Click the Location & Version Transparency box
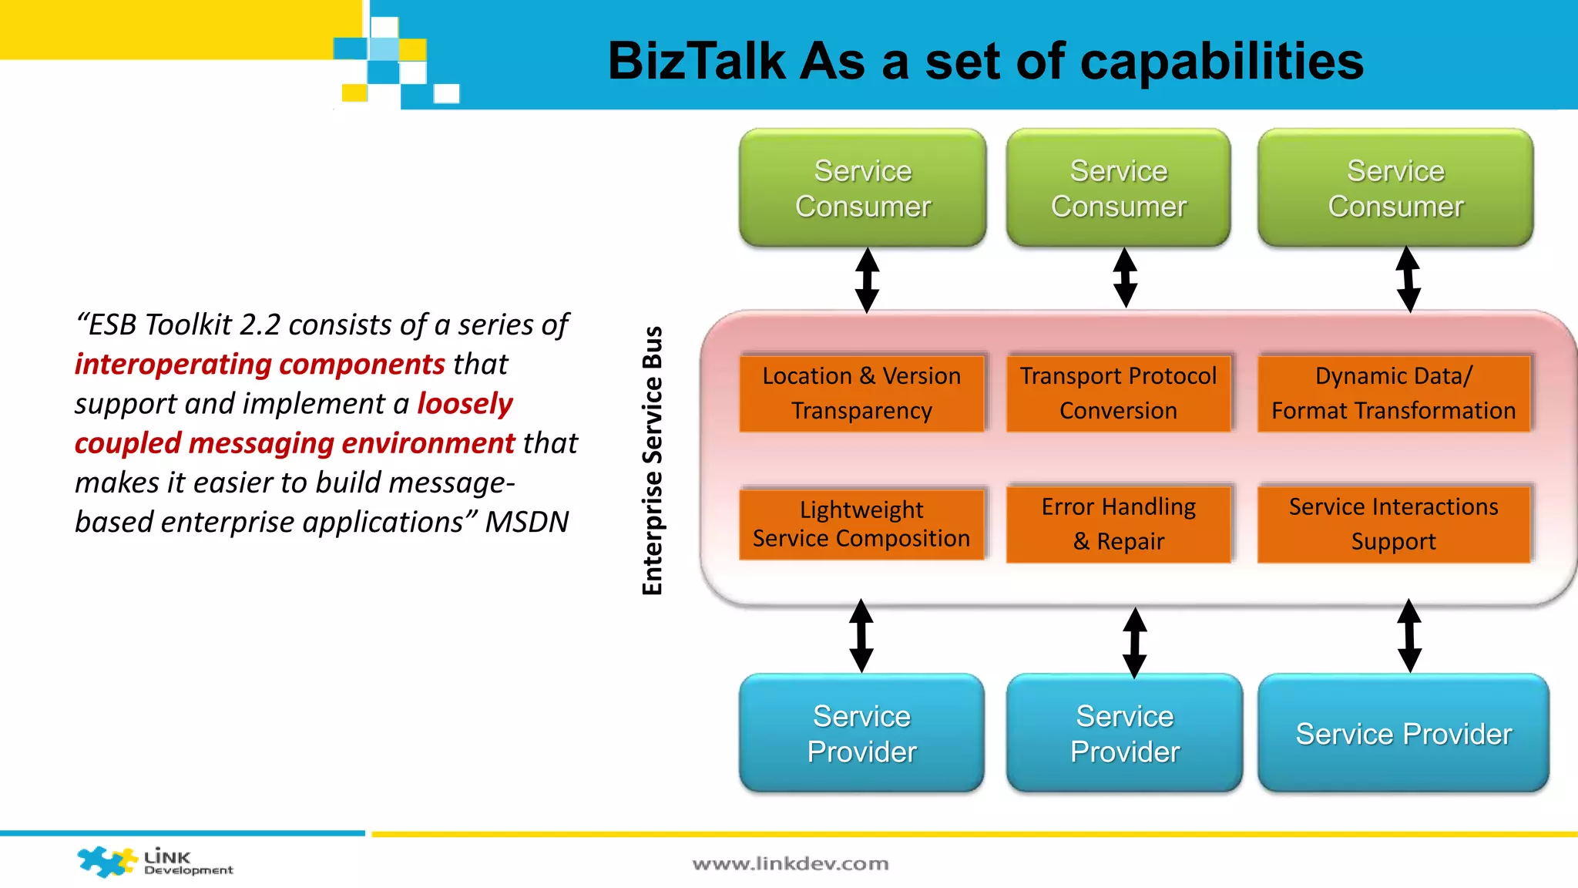(x=861, y=393)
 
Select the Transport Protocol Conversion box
(x=1118, y=393)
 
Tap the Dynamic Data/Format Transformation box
(x=1393, y=393)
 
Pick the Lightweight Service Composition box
(x=861, y=524)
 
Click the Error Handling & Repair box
(x=1118, y=524)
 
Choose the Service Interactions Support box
(x=1393, y=524)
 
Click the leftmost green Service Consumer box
(x=862, y=188)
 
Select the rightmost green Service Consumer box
(x=1395, y=188)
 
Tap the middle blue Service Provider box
(x=1124, y=733)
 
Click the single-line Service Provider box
(x=1403, y=733)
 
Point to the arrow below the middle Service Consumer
(x=1125, y=277)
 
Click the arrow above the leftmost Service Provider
(x=861, y=636)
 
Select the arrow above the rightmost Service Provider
(x=1409, y=636)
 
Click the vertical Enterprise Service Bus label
(x=653, y=460)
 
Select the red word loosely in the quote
(x=465, y=404)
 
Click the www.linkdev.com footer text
(x=791, y=864)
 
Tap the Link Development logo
(x=154, y=862)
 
